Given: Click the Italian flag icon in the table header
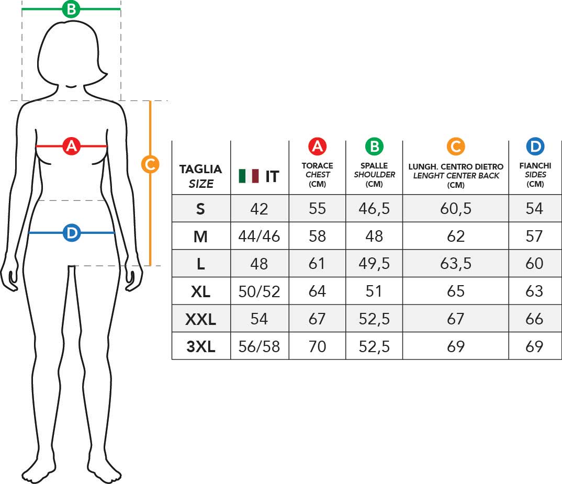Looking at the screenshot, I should click(x=249, y=176).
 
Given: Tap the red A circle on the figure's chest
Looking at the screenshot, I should click(x=71, y=146).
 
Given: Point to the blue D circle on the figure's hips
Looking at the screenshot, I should click(x=72, y=233).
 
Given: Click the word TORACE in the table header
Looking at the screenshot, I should click(x=317, y=165).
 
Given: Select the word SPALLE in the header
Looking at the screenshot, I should click(x=374, y=165).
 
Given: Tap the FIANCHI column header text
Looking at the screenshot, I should click(x=535, y=165).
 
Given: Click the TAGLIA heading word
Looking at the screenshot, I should click(x=200, y=169).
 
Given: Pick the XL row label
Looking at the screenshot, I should click(x=201, y=291).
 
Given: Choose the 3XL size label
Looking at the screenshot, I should click(x=201, y=346).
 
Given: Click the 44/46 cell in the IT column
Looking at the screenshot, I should click(x=259, y=237).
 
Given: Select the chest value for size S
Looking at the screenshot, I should click(x=317, y=209).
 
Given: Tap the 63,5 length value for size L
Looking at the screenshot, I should click(x=456, y=264).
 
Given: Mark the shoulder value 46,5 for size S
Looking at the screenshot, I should click(x=374, y=209).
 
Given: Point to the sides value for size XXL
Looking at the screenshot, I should click(x=534, y=319).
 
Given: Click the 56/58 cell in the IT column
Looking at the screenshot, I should click(x=259, y=346).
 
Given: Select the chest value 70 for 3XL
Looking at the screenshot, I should click(x=317, y=346).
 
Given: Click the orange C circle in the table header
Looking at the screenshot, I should click(x=456, y=147).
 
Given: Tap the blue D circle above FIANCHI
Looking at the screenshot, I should click(x=535, y=147).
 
